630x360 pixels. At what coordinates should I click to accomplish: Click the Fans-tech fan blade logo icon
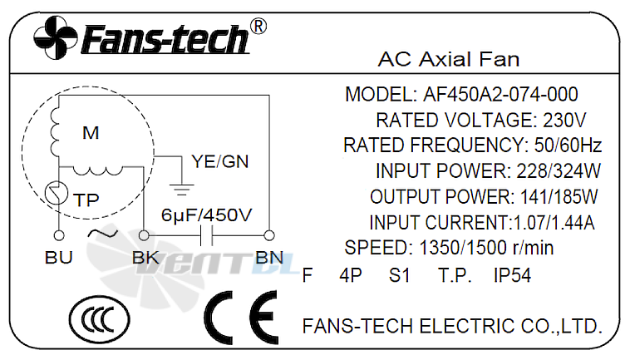tap(55, 37)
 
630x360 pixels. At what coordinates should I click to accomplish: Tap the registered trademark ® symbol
tap(258, 27)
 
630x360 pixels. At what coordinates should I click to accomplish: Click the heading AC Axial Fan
tap(448, 59)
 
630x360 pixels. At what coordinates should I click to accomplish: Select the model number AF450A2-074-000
tap(500, 94)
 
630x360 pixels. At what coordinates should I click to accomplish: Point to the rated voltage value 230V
tap(564, 120)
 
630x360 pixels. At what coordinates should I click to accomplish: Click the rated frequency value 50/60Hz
tap(568, 145)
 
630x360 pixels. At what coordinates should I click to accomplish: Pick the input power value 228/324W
tap(559, 170)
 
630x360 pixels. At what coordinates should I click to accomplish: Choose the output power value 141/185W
tap(559, 197)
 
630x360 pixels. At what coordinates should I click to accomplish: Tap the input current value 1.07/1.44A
tap(552, 222)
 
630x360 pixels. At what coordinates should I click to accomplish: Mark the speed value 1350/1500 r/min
tap(486, 248)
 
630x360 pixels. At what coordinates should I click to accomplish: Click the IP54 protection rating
tap(512, 275)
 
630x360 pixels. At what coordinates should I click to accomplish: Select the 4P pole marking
tap(351, 275)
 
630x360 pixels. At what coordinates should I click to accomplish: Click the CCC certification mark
tap(100, 319)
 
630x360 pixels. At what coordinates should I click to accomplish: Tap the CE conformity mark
tap(241, 318)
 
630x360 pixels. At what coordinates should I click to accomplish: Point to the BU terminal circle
tap(59, 235)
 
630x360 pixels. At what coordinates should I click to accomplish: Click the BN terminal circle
tap(269, 235)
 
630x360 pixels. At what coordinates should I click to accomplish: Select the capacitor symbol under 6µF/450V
tap(206, 235)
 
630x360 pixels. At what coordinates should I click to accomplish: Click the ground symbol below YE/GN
tap(182, 190)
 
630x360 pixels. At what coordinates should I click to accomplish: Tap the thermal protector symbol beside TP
tap(57, 193)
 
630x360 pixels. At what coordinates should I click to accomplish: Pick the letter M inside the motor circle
tap(91, 132)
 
